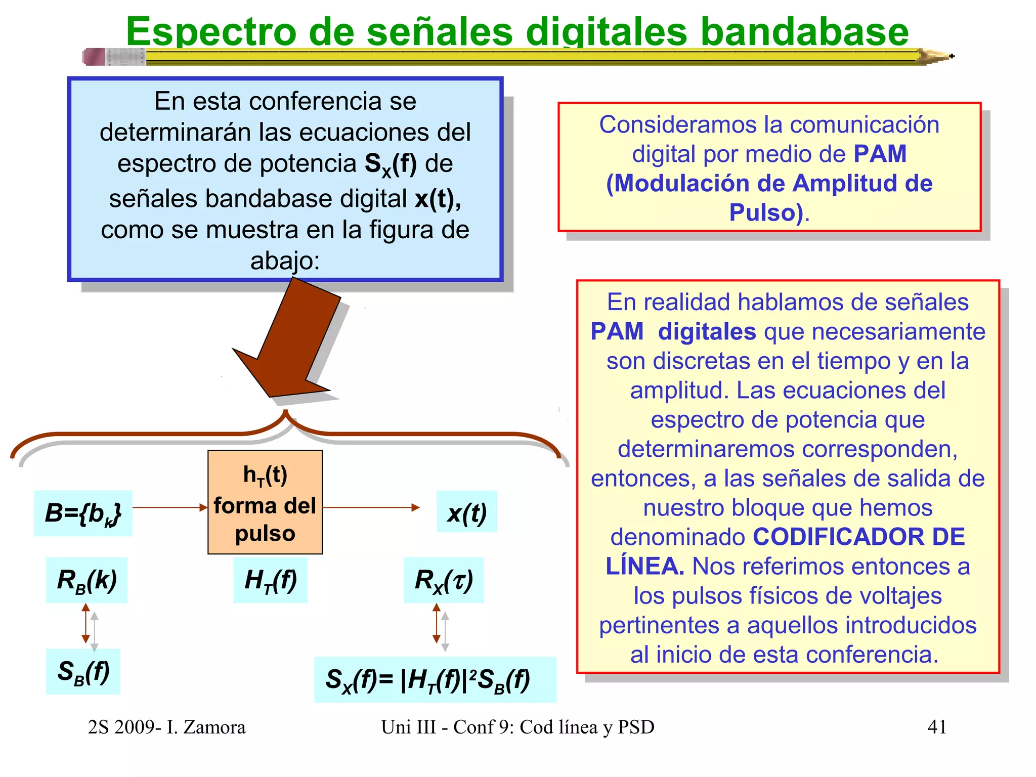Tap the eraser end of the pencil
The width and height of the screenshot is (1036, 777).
click(94, 57)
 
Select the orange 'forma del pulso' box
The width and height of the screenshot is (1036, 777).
click(265, 502)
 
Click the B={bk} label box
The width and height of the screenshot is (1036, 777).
click(83, 513)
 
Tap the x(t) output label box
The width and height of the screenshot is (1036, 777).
click(466, 512)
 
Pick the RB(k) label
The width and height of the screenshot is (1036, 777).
click(87, 580)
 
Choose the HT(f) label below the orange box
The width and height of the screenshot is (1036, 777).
click(270, 580)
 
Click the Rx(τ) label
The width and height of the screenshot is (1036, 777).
click(443, 580)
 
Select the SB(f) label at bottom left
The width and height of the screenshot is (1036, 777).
click(83, 672)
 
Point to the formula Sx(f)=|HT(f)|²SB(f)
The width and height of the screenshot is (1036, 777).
click(435, 680)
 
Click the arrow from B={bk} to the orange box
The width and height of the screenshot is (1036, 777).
click(170, 507)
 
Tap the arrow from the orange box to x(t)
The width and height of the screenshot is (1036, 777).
click(371, 507)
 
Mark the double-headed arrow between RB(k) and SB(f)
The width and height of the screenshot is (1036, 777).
click(86, 623)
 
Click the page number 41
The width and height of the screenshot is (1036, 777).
click(937, 727)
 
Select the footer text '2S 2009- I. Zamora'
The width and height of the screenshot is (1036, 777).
click(166, 727)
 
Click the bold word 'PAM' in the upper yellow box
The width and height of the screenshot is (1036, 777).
click(880, 154)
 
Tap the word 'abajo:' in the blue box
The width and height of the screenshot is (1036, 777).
click(285, 261)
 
